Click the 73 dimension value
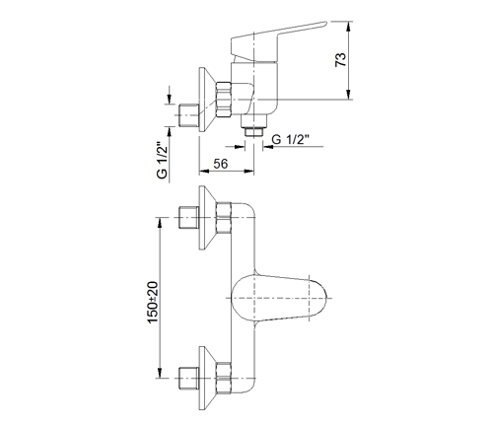point(340,59)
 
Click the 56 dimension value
point(220,164)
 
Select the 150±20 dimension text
point(153,303)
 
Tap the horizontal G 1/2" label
point(291,140)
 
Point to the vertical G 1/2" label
point(162,160)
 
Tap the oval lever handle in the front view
point(279,298)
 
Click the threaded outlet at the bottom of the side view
point(254,132)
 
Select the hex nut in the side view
point(224,100)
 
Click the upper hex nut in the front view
point(224,218)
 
